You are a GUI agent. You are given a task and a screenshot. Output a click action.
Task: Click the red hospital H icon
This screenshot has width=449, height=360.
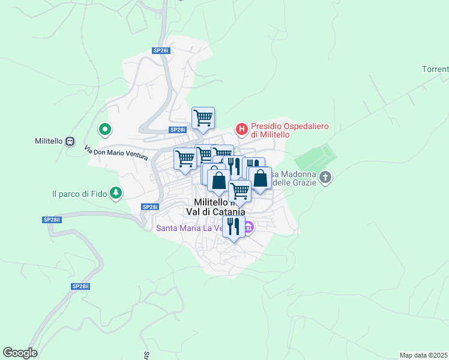point(241,128)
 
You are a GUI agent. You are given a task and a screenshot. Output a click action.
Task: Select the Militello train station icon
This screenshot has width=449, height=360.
point(70,141)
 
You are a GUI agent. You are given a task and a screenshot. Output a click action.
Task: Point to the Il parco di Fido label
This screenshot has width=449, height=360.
point(79,194)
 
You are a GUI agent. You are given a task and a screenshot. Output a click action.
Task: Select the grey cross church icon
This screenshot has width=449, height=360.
point(325,177)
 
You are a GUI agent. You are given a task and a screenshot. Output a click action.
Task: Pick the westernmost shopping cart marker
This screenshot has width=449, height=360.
point(185,158)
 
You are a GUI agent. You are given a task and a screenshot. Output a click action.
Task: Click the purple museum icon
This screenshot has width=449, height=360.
point(249,227)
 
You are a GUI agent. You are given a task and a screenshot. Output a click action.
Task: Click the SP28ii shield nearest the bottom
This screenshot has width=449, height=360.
point(80,287)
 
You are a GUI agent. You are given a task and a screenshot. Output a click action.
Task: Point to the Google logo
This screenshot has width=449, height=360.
point(20,353)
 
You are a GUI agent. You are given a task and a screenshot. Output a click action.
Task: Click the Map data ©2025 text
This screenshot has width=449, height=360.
point(424,355)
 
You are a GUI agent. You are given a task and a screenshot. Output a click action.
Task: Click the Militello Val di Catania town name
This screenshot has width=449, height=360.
point(219,207)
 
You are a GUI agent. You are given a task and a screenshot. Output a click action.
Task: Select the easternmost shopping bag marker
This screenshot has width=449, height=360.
point(260,178)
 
